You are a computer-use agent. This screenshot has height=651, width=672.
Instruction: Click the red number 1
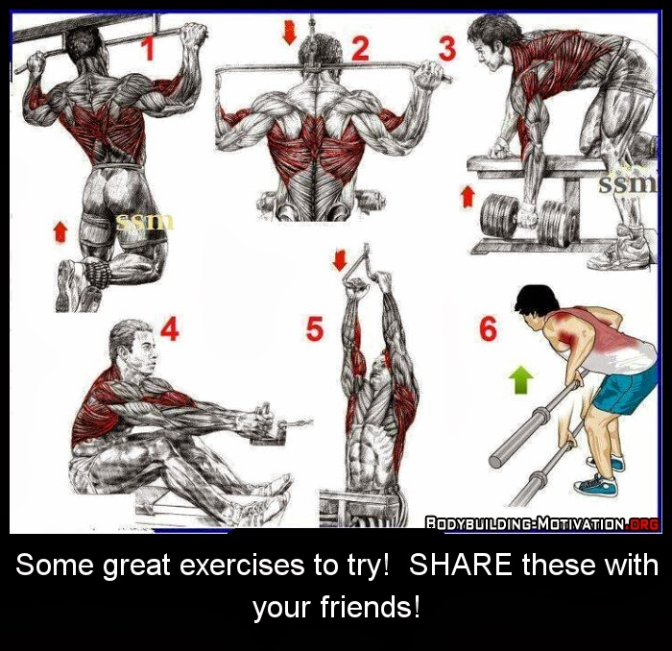(x=148, y=48)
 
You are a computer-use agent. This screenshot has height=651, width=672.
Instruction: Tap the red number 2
(x=360, y=48)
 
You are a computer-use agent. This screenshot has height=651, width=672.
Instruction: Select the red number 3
(x=447, y=48)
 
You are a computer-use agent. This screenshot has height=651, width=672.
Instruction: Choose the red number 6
(x=489, y=328)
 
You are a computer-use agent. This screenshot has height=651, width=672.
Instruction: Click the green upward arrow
(x=521, y=381)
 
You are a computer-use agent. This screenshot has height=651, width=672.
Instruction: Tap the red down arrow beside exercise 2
(x=290, y=34)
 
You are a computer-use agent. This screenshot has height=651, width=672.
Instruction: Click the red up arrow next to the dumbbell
(x=468, y=196)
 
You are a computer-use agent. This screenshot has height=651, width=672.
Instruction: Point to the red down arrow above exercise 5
(x=340, y=260)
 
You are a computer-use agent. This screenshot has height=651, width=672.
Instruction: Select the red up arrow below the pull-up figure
(x=60, y=231)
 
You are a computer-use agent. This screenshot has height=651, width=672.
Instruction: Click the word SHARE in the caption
(x=460, y=565)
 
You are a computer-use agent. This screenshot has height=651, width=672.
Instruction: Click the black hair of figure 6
(x=537, y=300)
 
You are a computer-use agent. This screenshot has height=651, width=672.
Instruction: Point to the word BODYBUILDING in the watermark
(x=479, y=523)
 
